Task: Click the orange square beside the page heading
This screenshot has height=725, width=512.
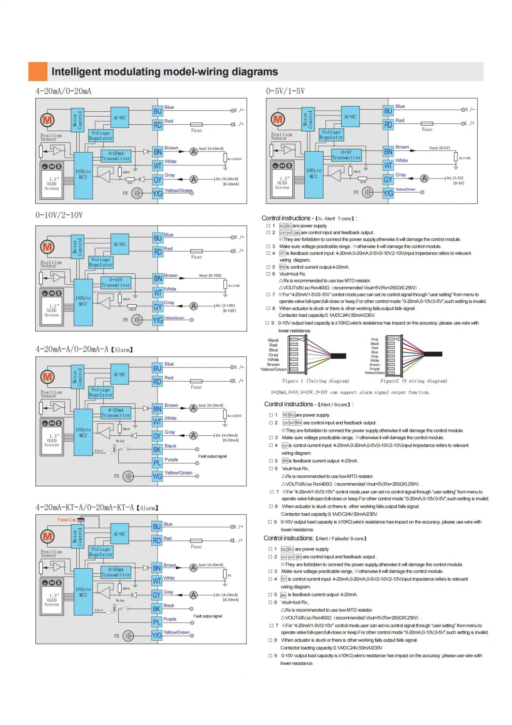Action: pyautogui.click(x=38, y=72)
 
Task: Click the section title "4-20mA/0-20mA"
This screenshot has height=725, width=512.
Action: pyautogui.click(x=63, y=91)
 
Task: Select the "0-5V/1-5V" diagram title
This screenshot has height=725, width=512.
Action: pyautogui.click(x=285, y=91)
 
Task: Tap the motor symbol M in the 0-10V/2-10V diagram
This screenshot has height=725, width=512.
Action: pyautogui.click(x=47, y=247)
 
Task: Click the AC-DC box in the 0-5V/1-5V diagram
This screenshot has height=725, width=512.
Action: pyautogui.click(x=350, y=117)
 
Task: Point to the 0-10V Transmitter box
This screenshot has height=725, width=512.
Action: pyautogui.click(x=116, y=282)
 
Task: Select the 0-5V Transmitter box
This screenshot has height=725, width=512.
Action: pyautogui.click(x=346, y=155)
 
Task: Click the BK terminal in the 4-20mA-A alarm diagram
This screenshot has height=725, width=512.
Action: pyautogui.click(x=157, y=449)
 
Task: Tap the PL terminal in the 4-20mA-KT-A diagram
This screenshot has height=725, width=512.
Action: pyautogui.click(x=157, y=622)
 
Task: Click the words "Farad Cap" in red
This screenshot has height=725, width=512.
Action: pyautogui.click(x=67, y=520)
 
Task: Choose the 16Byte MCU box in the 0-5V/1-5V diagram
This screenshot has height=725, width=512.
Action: pyautogui.click(x=313, y=174)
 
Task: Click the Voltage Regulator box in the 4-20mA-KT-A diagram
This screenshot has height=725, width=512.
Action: pyautogui.click(x=100, y=552)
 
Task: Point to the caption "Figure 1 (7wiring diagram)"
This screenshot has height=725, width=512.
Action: pyautogui.click(x=315, y=381)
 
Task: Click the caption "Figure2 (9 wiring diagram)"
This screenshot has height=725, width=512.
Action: pyautogui.click(x=413, y=381)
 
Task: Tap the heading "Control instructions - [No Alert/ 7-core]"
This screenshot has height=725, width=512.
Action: pyautogui.click(x=309, y=219)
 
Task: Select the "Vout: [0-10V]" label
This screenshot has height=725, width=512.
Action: pyautogui.click(x=210, y=276)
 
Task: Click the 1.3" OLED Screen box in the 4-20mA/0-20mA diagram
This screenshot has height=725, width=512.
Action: pyautogui.click(x=52, y=184)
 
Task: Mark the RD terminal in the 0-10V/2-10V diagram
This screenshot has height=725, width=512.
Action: pyautogui.click(x=157, y=252)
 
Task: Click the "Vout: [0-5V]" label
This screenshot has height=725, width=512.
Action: pyautogui.click(x=439, y=148)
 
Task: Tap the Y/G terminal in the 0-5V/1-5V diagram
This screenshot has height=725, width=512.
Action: pyautogui.click(x=388, y=192)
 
